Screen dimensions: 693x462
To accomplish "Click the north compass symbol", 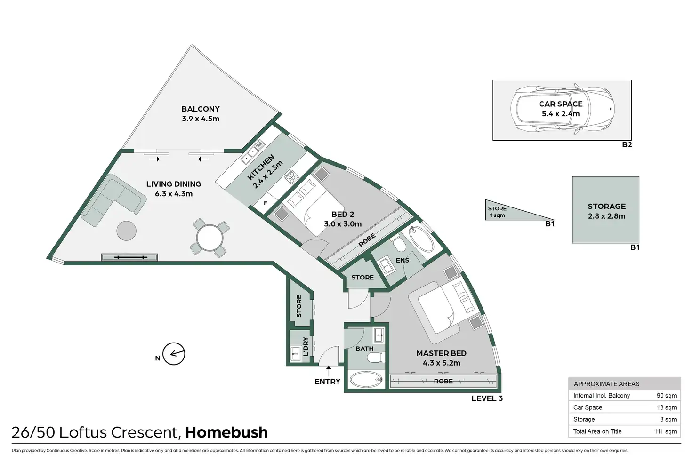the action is tap(174, 354).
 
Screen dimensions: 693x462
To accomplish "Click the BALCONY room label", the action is tap(201, 109).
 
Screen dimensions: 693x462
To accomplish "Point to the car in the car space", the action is tap(563, 109).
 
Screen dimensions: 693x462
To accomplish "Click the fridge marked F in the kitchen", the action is tap(266, 203).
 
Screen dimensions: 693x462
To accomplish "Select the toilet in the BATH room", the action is tap(375, 359).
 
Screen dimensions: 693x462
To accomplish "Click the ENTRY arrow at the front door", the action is tap(328, 371).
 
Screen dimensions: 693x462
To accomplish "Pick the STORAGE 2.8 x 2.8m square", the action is tap(606, 210).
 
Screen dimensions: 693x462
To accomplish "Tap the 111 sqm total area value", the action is tap(665, 431).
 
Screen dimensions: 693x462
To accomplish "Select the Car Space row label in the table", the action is tap(588, 407).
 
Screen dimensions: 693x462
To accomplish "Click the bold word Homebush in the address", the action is tap(226, 432).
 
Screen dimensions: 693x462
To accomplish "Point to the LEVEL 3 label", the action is tap(487, 398).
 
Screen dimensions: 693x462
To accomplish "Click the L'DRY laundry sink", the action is tap(295, 353).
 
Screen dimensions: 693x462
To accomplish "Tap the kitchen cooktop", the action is tap(290, 176).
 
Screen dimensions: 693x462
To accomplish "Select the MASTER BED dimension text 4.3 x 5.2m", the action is tap(442, 363).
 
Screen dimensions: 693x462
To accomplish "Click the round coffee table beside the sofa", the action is tap(127, 231).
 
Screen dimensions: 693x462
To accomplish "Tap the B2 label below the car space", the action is tap(627, 145).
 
